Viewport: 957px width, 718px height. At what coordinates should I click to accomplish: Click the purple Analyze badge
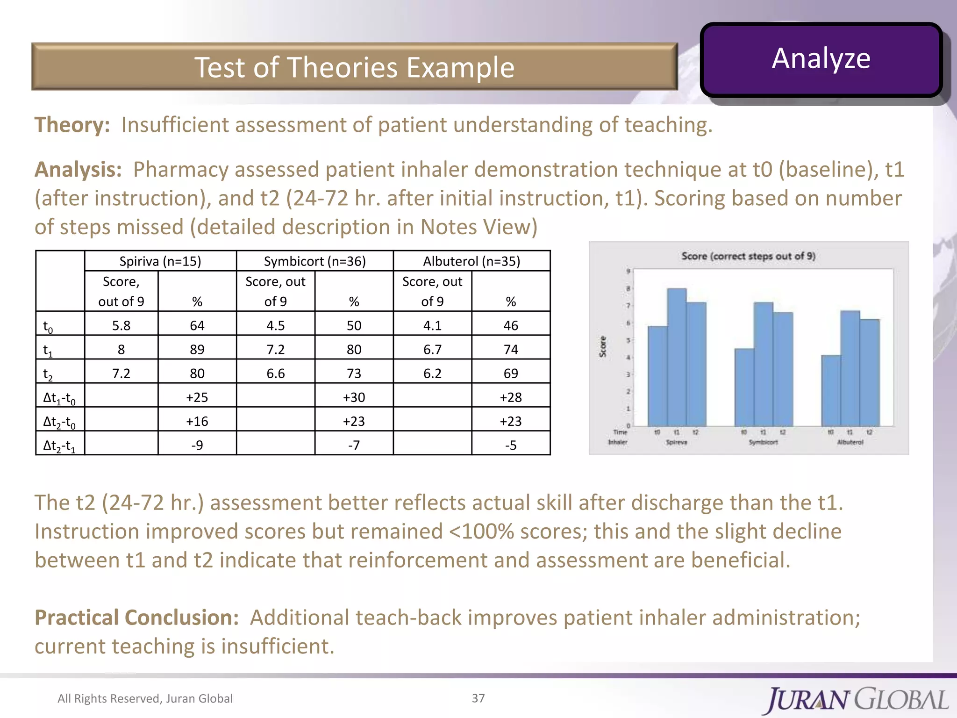tap(821, 59)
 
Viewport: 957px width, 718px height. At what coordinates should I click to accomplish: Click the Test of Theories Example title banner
tap(354, 67)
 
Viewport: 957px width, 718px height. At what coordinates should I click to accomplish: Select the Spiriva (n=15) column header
tap(160, 261)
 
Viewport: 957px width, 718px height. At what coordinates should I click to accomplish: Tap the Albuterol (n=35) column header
tap(471, 261)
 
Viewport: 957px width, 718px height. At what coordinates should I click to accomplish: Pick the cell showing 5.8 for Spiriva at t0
tap(121, 325)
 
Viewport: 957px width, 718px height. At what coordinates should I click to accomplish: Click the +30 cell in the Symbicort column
tap(354, 397)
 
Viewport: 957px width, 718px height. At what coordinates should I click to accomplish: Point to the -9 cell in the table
tap(197, 445)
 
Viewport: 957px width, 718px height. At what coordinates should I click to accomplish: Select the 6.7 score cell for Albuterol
tap(432, 350)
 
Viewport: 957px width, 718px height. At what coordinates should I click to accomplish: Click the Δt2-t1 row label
tap(59, 445)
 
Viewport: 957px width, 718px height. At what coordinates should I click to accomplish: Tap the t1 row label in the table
tap(48, 350)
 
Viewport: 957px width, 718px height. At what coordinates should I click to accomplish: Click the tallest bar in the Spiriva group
tap(677, 358)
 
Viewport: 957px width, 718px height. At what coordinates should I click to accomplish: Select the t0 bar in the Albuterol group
tap(831, 390)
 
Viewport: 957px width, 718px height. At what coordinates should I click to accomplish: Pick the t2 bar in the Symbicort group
tap(783, 369)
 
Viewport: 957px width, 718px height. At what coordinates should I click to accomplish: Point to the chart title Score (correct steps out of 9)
tap(748, 256)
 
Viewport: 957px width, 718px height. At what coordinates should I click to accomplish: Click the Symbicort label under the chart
tap(763, 442)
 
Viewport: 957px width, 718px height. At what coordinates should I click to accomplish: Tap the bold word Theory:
tap(72, 125)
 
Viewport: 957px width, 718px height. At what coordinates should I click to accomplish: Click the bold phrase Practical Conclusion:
tap(136, 617)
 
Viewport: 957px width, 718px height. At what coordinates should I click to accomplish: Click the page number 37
tap(478, 698)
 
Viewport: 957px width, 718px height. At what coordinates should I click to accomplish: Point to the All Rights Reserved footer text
tap(145, 698)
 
